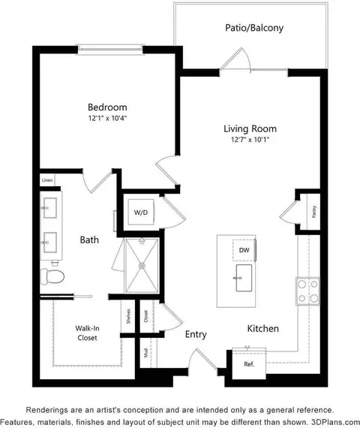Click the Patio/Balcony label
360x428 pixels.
[x=253, y=29]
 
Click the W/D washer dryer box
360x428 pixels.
[x=141, y=212]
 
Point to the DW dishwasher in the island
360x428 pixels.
[x=244, y=250]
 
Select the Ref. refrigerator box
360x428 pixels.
[x=249, y=364]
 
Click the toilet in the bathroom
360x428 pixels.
[x=54, y=277]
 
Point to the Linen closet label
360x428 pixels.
[x=46, y=180]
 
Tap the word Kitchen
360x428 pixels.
[x=263, y=329]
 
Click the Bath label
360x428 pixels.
[x=90, y=240]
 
